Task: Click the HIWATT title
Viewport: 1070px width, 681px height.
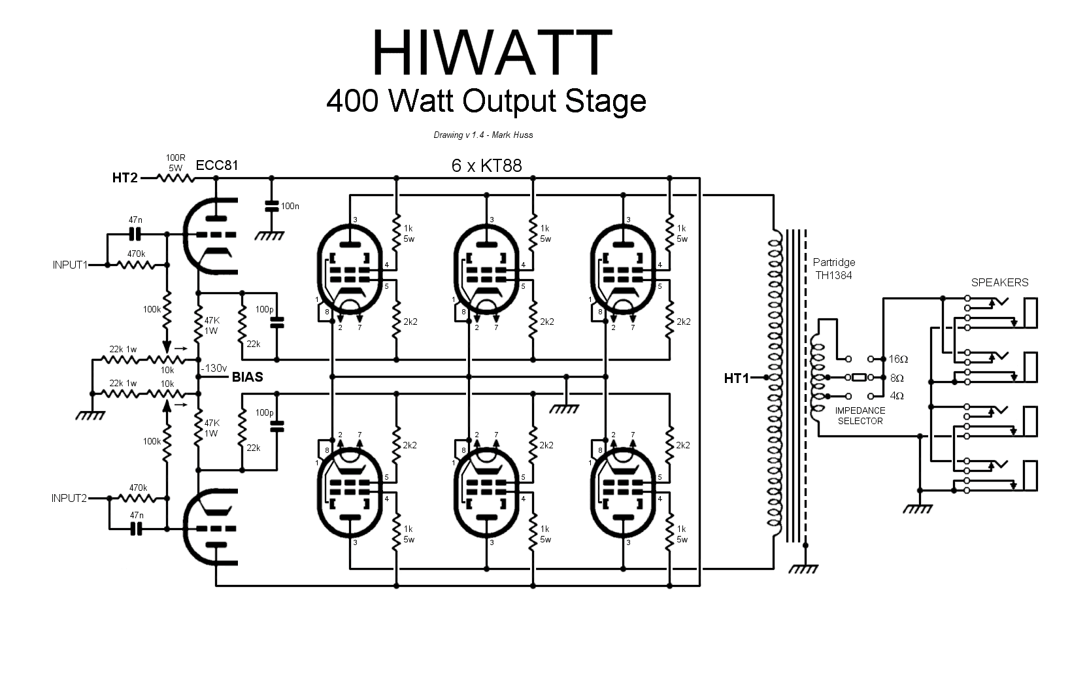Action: coord(492,52)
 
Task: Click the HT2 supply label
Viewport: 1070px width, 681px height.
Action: coord(125,178)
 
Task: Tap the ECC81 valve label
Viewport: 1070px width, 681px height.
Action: coord(217,165)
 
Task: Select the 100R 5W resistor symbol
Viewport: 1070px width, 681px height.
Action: coord(176,178)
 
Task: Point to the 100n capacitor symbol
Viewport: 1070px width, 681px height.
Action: coord(272,207)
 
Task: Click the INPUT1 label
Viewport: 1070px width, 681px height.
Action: coord(70,265)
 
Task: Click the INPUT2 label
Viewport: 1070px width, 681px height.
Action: coord(69,499)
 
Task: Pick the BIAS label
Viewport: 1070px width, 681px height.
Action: coord(248,377)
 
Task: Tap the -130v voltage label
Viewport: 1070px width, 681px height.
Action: coord(214,368)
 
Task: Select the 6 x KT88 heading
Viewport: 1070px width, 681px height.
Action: coord(487,166)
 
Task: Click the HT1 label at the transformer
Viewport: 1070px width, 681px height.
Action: coord(737,378)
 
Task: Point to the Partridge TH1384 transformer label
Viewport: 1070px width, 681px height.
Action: coord(834,269)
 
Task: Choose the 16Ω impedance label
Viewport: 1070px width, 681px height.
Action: coord(899,359)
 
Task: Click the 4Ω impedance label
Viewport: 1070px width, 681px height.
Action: coord(897,396)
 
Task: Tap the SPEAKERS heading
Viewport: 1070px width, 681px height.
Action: coord(1000,283)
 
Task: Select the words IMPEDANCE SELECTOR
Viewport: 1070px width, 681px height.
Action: coord(860,416)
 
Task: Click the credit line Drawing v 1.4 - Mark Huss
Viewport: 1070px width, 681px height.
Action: coord(484,135)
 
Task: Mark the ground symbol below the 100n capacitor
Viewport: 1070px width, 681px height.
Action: coord(269,235)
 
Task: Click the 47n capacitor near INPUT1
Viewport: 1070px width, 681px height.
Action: coord(136,235)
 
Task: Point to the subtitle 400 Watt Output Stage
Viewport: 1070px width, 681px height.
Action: coord(486,101)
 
